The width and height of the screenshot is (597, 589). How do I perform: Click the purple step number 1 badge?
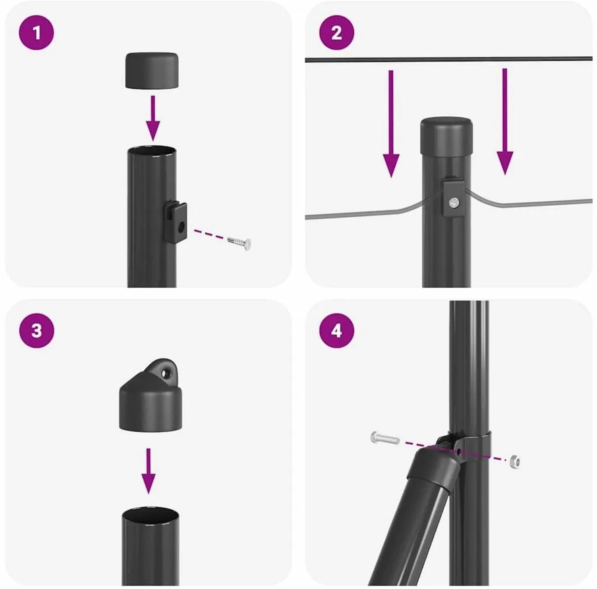(36, 33)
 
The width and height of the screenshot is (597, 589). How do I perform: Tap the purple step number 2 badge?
(337, 33)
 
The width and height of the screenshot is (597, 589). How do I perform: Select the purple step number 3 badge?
(36, 331)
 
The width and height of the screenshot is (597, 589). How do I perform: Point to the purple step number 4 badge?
(337, 331)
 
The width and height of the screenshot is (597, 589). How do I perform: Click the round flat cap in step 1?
(152, 70)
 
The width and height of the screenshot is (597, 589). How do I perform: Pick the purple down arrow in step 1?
(153, 118)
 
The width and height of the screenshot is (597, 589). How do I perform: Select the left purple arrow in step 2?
(391, 124)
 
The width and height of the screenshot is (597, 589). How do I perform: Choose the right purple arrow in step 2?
(505, 122)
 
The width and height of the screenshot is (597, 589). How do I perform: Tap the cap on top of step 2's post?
(447, 137)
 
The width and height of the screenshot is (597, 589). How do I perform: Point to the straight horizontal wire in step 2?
(449, 59)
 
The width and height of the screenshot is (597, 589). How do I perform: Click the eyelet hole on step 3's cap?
(166, 373)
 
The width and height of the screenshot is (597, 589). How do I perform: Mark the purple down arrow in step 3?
(148, 471)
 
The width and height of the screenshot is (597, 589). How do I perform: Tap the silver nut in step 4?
(514, 461)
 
